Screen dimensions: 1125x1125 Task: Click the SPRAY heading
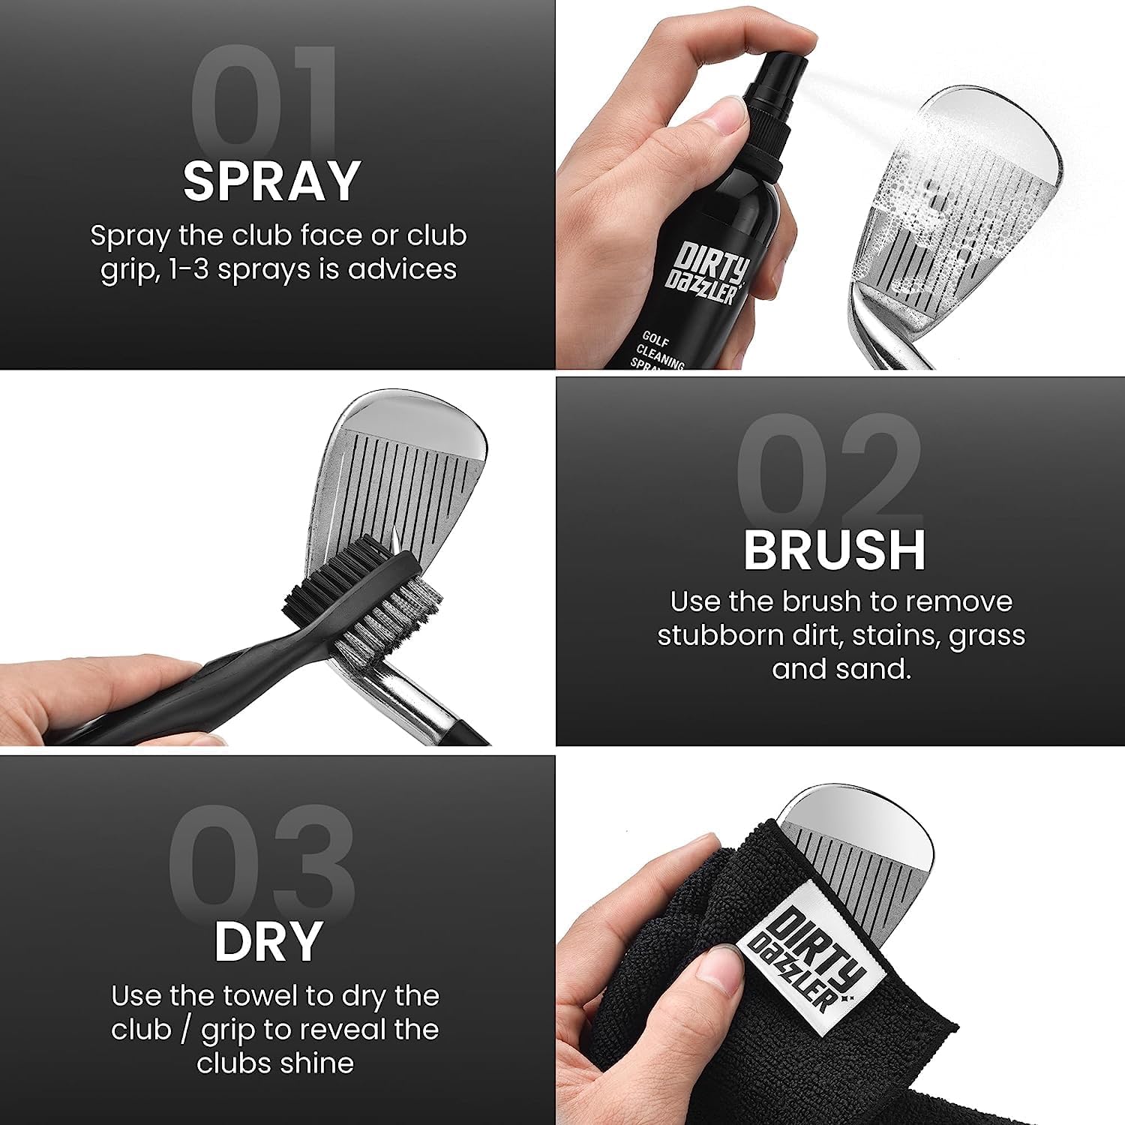(x=272, y=181)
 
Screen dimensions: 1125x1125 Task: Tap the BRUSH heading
(x=834, y=551)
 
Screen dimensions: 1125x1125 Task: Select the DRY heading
(x=268, y=942)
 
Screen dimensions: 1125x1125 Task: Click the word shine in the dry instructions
(x=320, y=1063)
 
